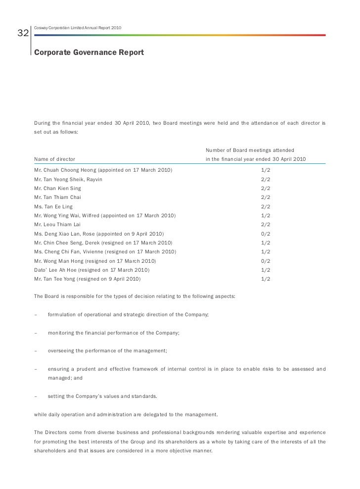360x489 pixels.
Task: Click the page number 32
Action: click(x=23, y=34)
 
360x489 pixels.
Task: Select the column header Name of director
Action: click(x=54, y=159)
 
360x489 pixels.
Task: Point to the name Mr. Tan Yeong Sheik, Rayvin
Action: click(x=68, y=179)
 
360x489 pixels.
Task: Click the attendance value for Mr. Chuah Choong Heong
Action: click(x=266, y=170)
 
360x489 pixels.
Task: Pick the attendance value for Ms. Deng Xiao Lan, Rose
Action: click(x=266, y=234)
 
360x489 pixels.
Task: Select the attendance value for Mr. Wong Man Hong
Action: click(x=266, y=261)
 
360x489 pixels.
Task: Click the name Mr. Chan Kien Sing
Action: click(x=57, y=188)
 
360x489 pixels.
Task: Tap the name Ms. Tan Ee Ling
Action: click(x=54, y=206)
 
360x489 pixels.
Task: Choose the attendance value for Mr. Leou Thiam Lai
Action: click(x=266, y=224)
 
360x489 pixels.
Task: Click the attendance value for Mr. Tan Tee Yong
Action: click(x=266, y=279)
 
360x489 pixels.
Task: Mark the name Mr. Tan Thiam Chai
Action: click(x=57, y=197)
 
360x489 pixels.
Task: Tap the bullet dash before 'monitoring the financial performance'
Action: click(x=36, y=333)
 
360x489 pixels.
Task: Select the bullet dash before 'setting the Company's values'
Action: click(x=36, y=396)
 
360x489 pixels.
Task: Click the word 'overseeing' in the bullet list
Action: click(x=62, y=351)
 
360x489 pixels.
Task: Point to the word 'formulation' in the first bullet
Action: click(x=64, y=315)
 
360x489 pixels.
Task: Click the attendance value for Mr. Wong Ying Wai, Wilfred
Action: click(x=266, y=215)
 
